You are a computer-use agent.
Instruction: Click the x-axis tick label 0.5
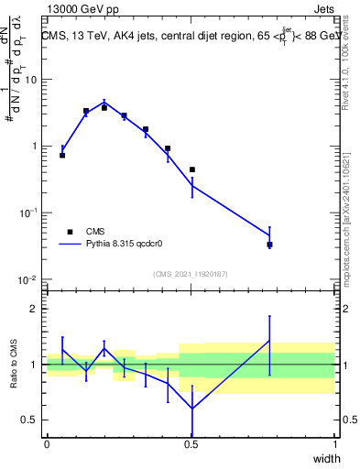191,444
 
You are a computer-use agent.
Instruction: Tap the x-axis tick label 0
47,444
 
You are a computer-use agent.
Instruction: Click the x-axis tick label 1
335,444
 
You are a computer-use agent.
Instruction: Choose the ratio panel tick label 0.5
29,420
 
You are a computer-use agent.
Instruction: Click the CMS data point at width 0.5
191,169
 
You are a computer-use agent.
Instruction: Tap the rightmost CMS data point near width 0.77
269,245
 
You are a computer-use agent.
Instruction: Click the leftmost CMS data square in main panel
62,155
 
